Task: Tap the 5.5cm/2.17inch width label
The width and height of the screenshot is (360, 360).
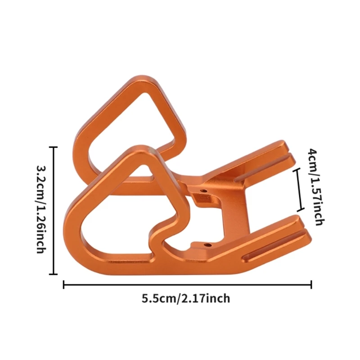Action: pos(186,298)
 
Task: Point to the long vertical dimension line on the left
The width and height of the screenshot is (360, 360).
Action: pos(54,210)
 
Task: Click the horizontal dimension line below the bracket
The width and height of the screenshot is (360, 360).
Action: pos(187,284)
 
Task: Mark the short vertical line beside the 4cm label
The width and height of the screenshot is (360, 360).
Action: pos(298,190)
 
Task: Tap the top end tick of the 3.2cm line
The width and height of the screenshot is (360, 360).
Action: pos(54,147)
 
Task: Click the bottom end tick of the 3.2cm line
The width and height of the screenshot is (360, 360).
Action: pos(54,274)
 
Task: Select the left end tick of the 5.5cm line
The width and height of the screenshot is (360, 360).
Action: pos(64,284)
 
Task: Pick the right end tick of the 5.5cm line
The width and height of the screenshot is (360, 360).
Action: pos(311,284)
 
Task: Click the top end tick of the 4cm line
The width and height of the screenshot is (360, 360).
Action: pos(298,170)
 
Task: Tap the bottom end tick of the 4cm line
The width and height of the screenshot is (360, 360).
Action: pos(298,211)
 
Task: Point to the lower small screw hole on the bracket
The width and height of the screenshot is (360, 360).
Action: pos(207,245)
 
